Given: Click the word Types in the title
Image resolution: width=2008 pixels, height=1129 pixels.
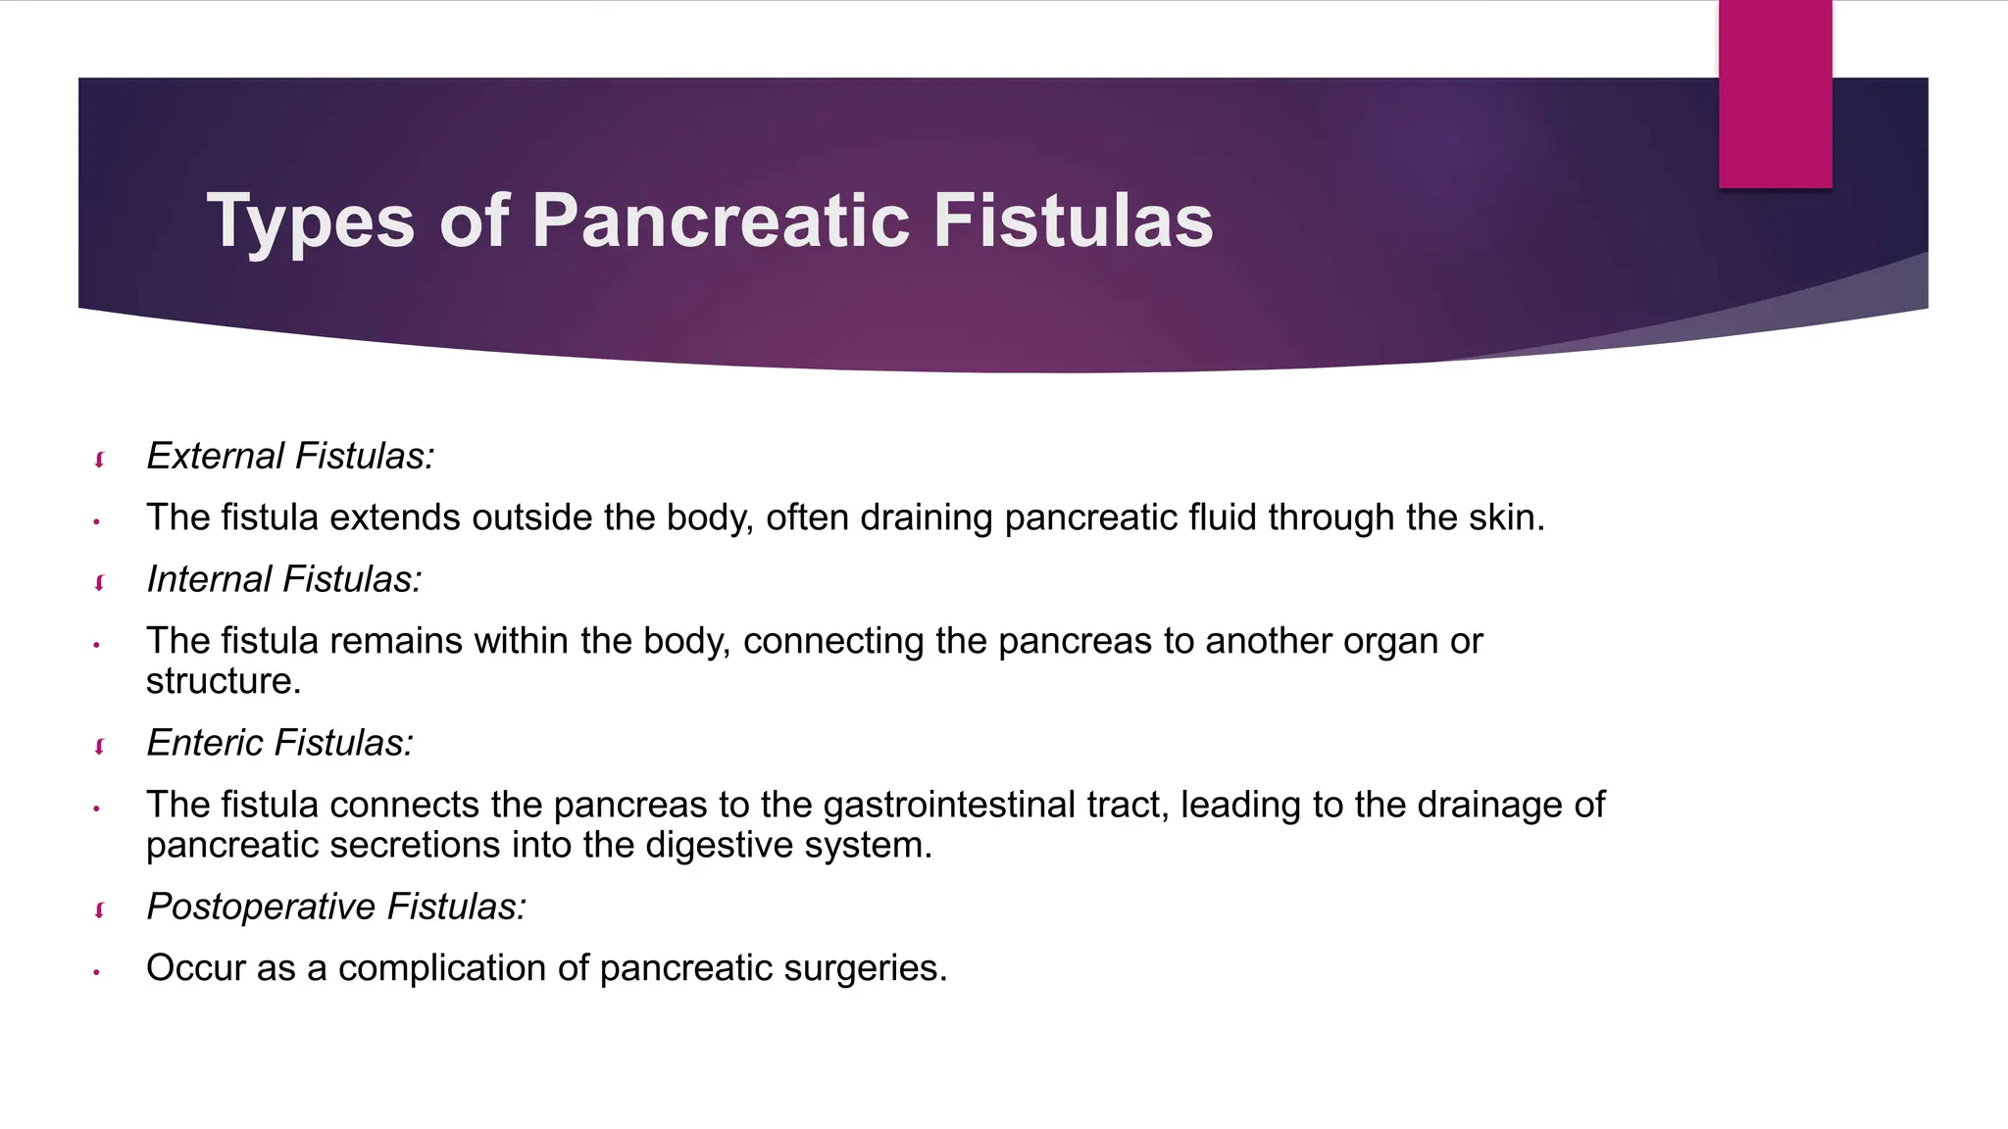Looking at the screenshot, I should (x=311, y=221).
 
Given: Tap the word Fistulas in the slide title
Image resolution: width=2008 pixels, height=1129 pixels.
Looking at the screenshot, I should (x=1073, y=221).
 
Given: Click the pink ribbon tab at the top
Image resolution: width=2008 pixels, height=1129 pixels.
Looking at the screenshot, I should (x=1775, y=94).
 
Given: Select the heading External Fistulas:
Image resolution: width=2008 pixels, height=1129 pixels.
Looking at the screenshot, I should (x=290, y=456).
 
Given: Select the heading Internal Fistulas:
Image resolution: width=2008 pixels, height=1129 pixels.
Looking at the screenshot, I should (x=284, y=579).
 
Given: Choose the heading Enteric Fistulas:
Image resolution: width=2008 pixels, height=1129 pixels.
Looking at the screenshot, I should (x=280, y=743).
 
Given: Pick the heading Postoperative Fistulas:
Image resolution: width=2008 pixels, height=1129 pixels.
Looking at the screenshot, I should (x=336, y=907).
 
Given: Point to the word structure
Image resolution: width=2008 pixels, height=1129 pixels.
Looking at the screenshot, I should (x=223, y=681).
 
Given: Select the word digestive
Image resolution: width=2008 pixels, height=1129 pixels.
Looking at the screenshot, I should (x=720, y=845).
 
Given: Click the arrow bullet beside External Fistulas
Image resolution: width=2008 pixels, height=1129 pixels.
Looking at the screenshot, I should (x=99, y=459).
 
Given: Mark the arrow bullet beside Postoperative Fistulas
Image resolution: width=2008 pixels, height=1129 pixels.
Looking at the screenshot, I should (x=99, y=909).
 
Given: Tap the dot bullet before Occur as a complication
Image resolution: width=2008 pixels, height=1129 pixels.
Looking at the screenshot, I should (x=96, y=972).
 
